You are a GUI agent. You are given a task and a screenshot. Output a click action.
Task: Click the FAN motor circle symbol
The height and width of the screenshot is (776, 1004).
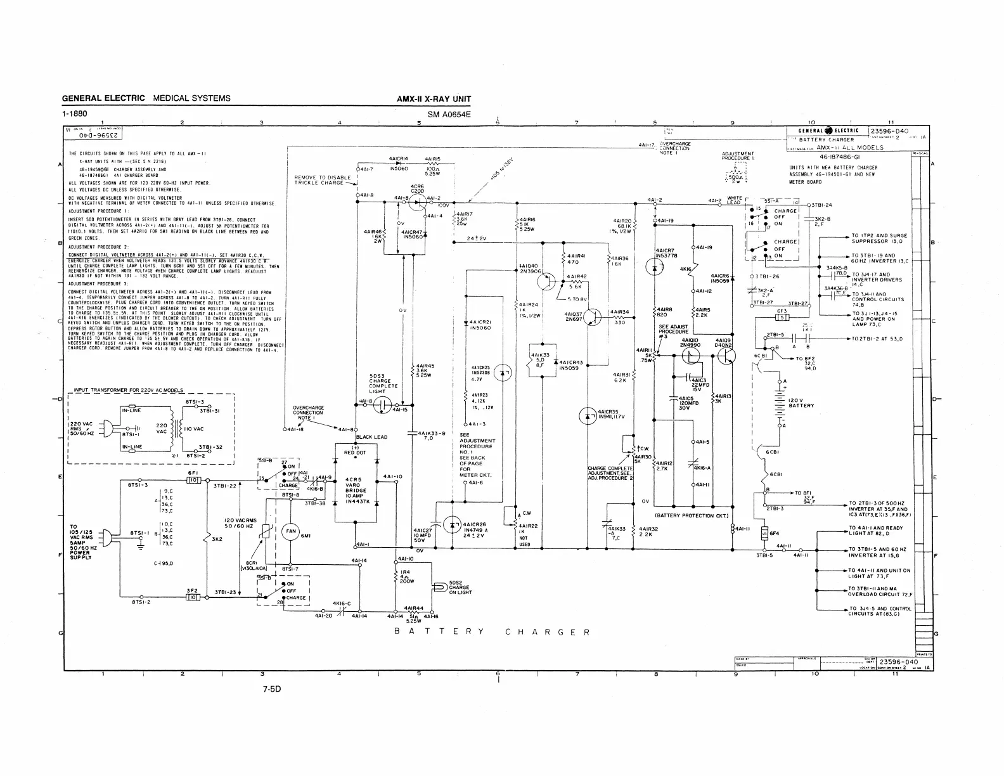tap(291, 531)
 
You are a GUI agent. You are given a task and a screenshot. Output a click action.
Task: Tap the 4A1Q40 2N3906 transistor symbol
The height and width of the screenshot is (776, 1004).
tap(549, 281)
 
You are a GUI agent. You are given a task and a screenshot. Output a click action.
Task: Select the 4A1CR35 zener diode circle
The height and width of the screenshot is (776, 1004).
tap(588, 416)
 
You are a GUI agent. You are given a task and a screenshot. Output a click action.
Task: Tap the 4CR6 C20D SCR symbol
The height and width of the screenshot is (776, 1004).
tap(417, 203)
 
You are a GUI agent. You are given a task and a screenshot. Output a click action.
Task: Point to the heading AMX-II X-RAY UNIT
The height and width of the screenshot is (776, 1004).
tap(434, 99)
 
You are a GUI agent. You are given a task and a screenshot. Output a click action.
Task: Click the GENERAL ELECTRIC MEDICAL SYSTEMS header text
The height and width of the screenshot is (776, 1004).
tap(146, 98)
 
